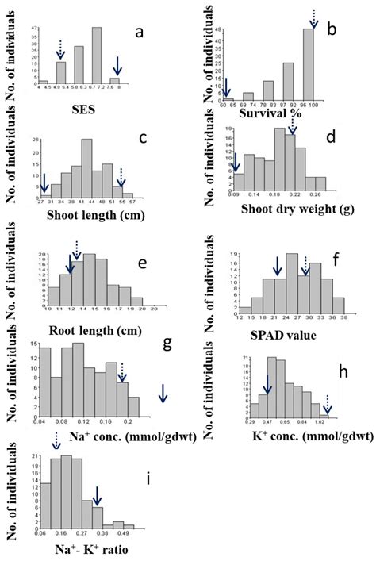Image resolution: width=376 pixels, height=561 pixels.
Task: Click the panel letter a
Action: (x=139, y=33)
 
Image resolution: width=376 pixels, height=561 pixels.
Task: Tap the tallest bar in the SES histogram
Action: (x=97, y=56)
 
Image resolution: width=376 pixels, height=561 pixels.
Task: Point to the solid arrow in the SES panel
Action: (x=117, y=67)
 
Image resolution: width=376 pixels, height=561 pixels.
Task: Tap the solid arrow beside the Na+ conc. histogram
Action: (x=162, y=393)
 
